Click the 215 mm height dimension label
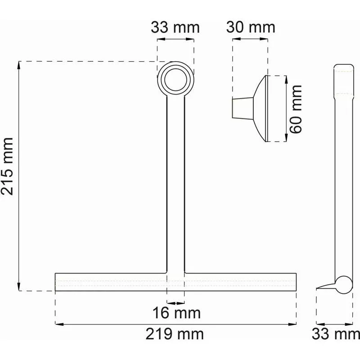click(x=7, y=166)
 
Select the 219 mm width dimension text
click(x=175, y=334)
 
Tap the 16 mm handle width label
click(x=176, y=313)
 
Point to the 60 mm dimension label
click(x=296, y=109)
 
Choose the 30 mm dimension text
click(x=251, y=27)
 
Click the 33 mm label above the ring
click(x=175, y=27)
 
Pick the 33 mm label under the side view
click(x=336, y=334)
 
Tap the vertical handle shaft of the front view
click(x=175, y=184)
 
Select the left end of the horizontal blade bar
click(x=55, y=282)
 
